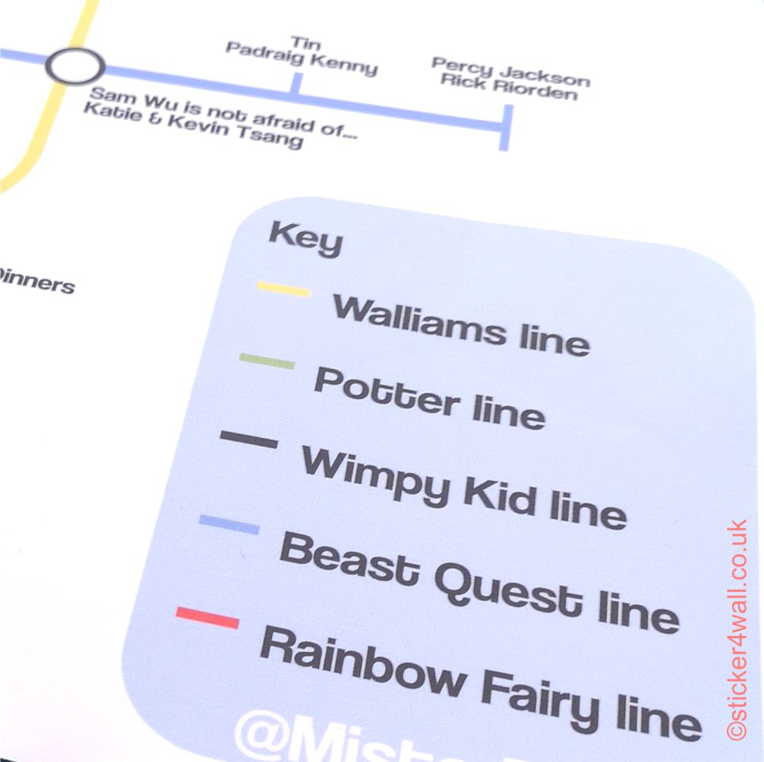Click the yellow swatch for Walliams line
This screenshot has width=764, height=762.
(x=283, y=289)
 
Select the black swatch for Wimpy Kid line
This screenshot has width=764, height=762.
(x=248, y=439)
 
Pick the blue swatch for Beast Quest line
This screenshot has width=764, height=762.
(x=229, y=524)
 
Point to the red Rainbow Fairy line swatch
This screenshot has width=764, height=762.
(x=207, y=617)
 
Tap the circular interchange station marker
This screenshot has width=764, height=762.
(x=74, y=66)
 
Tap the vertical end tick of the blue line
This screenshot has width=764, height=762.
(x=505, y=127)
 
